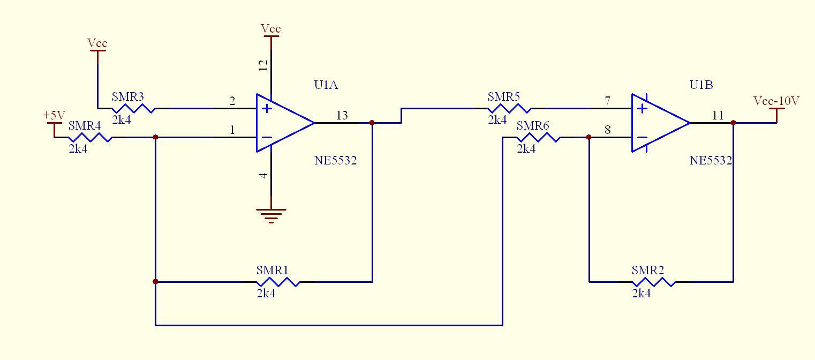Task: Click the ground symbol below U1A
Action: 271,215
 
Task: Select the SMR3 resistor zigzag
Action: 133,108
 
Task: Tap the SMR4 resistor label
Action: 85,125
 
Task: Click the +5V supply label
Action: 54,115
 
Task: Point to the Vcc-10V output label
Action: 776,101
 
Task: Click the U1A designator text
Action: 326,85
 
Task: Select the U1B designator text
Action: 701,85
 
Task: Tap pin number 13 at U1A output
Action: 342,115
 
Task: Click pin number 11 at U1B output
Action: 718,115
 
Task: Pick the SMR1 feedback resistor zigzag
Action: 278,282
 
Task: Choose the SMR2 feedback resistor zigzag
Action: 653,282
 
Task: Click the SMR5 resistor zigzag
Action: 509,108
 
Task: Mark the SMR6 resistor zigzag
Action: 539,137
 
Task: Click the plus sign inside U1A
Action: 267,108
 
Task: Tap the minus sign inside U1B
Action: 643,137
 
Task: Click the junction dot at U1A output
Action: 372,123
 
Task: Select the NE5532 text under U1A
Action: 335,161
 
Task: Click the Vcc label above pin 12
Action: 271,28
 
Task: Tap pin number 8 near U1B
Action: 608,130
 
